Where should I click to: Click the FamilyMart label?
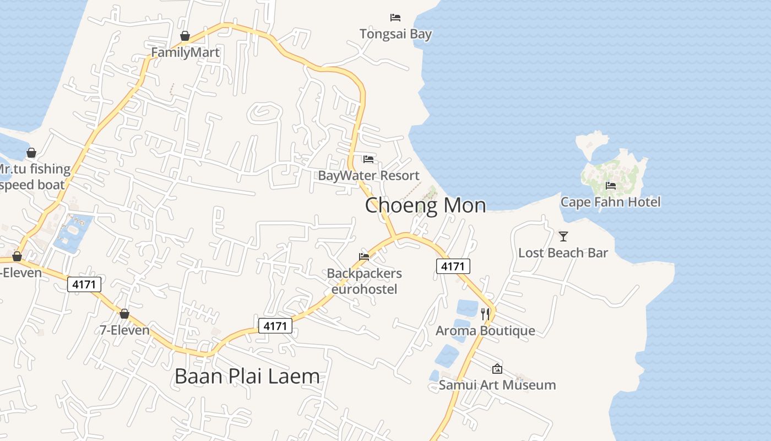[x=185, y=52]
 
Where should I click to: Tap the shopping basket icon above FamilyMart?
[x=185, y=36]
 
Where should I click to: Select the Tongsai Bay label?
[x=395, y=34]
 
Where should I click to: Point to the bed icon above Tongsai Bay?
[x=395, y=18]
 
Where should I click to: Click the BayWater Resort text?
[x=368, y=176]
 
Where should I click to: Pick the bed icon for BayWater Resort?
[x=368, y=159]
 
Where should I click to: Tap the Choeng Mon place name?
[x=425, y=206]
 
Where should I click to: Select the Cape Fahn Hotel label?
[x=610, y=202]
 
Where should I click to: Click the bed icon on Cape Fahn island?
[x=611, y=186]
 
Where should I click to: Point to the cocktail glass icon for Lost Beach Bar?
[x=563, y=236]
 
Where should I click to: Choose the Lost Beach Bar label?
[x=563, y=253]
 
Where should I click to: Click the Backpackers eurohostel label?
[x=364, y=281]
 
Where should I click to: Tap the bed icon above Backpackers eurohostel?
[x=364, y=256]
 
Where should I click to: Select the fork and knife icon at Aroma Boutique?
[x=485, y=314]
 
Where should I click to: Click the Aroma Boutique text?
[x=485, y=331]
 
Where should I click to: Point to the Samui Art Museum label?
[x=497, y=385]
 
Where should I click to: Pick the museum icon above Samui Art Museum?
[x=497, y=369]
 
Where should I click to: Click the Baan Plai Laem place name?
[x=247, y=377]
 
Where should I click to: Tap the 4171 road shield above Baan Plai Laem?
[x=275, y=326]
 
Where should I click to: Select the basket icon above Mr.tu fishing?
[x=31, y=153]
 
